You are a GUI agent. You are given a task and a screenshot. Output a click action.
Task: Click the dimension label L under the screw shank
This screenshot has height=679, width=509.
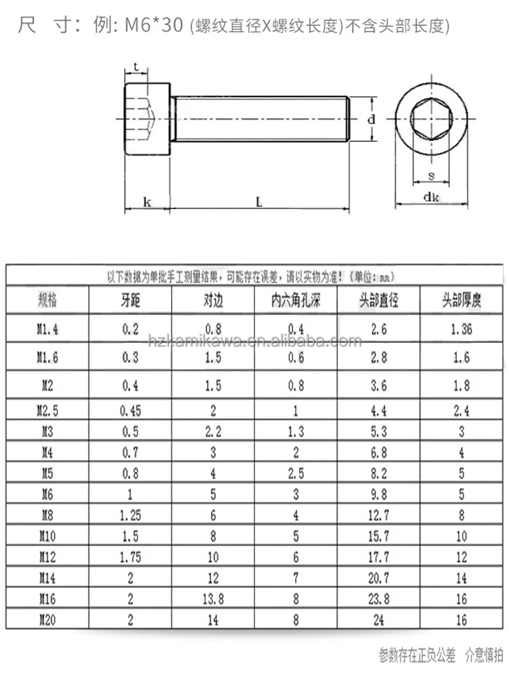click(x=259, y=202)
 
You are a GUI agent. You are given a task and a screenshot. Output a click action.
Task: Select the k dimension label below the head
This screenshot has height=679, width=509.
click(x=147, y=202)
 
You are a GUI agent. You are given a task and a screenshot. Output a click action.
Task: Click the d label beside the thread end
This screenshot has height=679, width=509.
click(x=371, y=120)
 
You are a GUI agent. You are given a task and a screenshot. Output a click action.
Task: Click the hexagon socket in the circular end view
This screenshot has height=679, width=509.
click(x=432, y=120)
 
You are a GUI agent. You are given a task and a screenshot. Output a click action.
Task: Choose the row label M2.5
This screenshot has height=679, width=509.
click(x=48, y=409)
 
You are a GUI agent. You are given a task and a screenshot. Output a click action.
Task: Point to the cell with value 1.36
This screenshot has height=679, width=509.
click(x=461, y=329)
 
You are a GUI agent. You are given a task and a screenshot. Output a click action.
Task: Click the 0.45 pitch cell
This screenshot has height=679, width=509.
click(x=130, y=409)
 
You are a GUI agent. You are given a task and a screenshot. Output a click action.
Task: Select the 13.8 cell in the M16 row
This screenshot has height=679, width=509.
click(x=214, y=600)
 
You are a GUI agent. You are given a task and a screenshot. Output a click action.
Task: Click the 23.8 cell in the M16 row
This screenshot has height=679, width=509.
click(x=379, y=600)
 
